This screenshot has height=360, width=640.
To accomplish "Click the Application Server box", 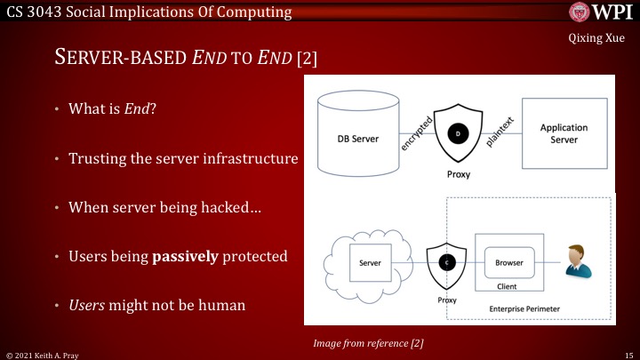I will tap(564, 133).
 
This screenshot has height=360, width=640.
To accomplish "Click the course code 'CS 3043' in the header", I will tap(30, 12).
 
